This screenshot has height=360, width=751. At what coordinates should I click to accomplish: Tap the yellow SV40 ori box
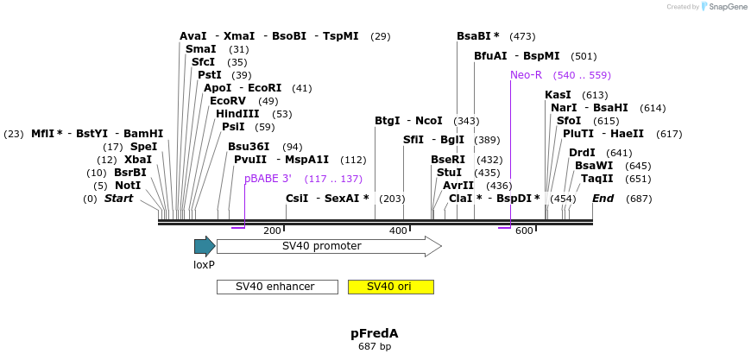point(390,287)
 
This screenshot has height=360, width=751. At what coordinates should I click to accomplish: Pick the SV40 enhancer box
point(276,287)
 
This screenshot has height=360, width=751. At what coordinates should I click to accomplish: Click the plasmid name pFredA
point(375,333)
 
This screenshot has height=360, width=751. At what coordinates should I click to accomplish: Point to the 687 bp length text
point(375,347)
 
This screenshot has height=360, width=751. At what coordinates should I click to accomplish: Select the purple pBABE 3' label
point(268,179)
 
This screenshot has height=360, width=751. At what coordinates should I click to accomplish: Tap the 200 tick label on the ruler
point(272,231)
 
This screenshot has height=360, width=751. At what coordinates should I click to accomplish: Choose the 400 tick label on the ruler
point(398,231)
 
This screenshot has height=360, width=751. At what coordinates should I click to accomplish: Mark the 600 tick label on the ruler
point(524,231)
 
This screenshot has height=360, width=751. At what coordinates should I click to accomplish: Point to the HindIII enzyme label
point(237,114)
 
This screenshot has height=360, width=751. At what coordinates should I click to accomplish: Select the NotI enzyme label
point(127,186)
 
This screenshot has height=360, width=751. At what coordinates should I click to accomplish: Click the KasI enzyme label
point(558,95)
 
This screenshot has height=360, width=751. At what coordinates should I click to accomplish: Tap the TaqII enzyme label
point(596,179)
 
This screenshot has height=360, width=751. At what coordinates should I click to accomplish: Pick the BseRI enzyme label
point(448,160)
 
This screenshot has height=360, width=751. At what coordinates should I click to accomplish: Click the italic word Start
point(118,199)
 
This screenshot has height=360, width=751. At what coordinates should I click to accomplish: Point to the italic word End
point(603,199)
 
